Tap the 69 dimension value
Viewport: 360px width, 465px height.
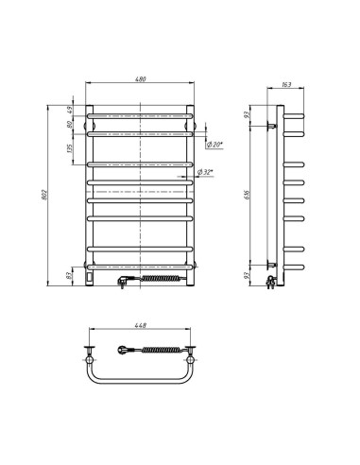click(x=70, y=111)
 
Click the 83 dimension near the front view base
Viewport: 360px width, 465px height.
click(x=70, y=277)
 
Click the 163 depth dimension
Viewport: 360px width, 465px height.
click(x=286, y=85)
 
